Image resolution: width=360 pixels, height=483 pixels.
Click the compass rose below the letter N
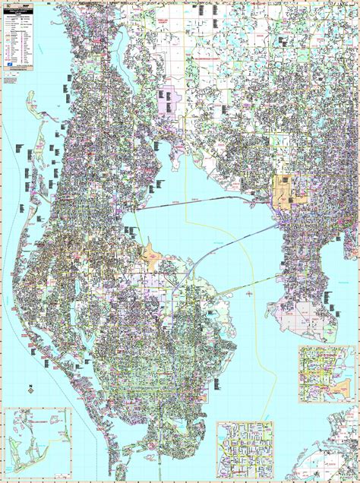point(29,392)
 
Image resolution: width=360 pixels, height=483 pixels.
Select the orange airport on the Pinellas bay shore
point(152,255)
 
